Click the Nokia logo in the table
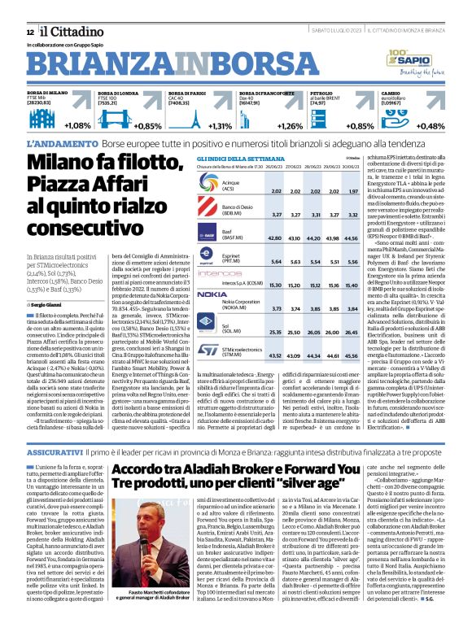tap(212, 294)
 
